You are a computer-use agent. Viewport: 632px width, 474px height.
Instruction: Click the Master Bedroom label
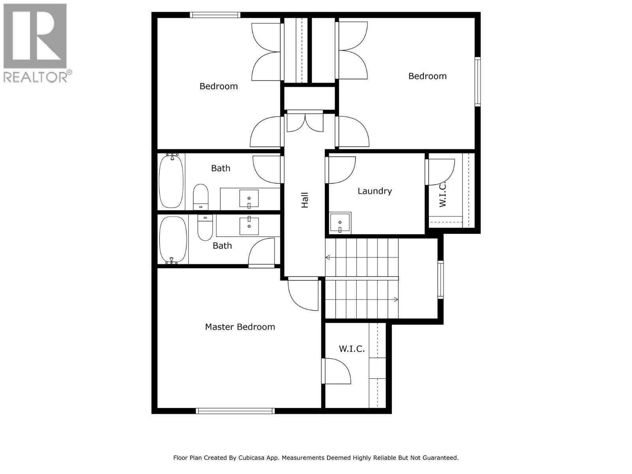click(240, 327)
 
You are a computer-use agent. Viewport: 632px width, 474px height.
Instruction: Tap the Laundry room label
click(374, 191)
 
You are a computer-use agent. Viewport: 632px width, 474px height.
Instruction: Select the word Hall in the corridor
click(305, 200)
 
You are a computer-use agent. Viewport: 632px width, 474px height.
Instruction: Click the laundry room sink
click(340, 223)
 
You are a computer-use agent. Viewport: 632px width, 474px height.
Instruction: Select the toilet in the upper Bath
click(201, 196)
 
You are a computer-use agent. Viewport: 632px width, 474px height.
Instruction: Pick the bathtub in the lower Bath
click(173, 240)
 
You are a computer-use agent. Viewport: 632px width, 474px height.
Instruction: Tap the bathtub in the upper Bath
click(171, 181)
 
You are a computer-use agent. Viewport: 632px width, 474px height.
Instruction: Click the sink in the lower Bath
click(249, 226)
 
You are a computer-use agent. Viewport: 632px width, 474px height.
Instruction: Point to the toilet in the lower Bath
click(205, 228)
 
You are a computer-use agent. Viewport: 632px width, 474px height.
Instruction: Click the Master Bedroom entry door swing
click(303, 294)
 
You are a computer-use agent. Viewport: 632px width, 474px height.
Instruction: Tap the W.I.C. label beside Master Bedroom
click(352, 349)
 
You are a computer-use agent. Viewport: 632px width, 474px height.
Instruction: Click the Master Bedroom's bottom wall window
click(235, 411)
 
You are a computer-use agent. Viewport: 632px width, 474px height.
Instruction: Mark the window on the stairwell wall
click(440, 279)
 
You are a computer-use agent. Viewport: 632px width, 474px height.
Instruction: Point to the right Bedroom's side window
click(478, 82)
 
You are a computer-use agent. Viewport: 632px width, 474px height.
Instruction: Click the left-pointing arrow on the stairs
click(327, 258)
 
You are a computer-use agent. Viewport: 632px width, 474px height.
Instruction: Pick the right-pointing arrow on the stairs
click(395, 300)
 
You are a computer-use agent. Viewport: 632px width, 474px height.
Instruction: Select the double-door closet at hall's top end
click(305, 122)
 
